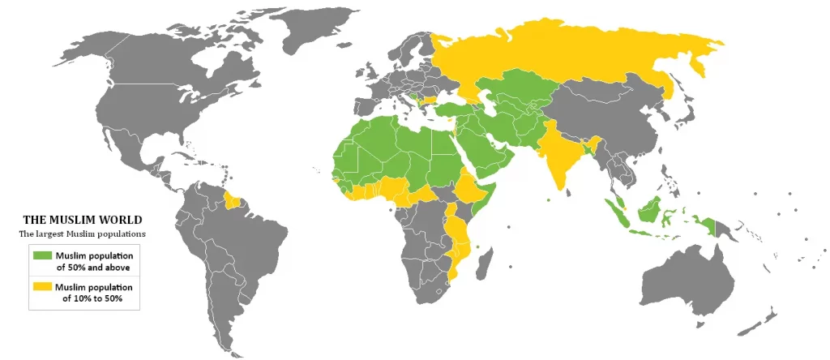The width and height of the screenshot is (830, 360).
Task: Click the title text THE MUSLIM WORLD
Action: [82, 220]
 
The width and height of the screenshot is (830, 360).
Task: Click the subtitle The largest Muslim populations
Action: [82, 234]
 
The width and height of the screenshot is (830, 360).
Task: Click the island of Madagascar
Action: [487, 264]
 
